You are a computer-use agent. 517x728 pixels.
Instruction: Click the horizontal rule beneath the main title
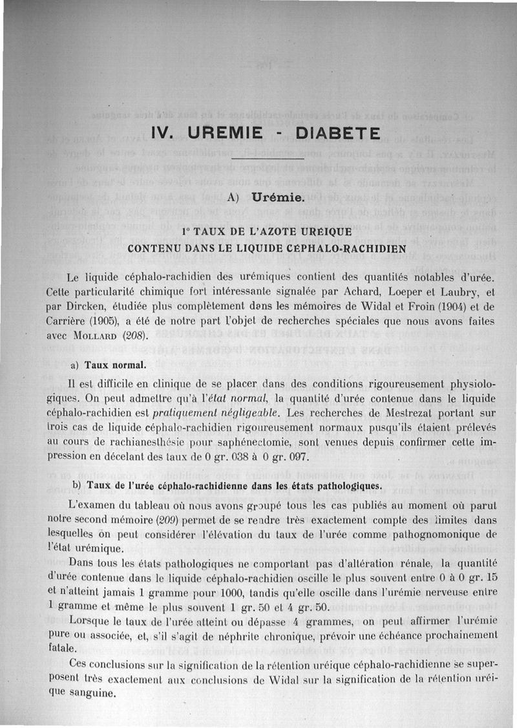click(x=266, y=158)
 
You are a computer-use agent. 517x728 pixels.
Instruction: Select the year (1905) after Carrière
click(x=89, y=322)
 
